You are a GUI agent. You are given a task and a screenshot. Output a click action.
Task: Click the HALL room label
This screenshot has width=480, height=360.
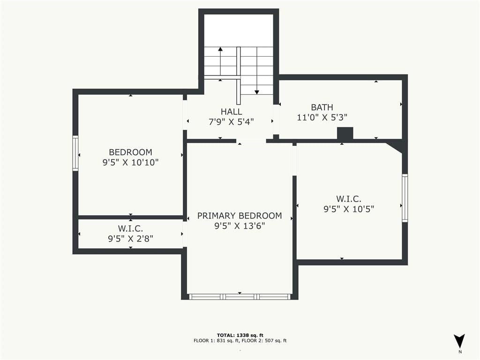pos(231,112)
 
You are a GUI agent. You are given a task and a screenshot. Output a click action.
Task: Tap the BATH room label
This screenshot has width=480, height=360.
pos(322,107)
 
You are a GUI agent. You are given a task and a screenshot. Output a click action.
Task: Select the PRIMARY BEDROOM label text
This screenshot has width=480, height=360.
pos(240,216)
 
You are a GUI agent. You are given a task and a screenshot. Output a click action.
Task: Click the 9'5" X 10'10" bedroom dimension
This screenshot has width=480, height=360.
pos(130,162)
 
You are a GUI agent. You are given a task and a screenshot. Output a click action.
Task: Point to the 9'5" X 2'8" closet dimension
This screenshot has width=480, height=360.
pos(130,239)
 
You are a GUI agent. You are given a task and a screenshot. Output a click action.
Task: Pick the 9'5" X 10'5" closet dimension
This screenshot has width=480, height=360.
pos(349,209)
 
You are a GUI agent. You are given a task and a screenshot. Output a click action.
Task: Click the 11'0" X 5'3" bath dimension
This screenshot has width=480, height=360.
pos(322,117)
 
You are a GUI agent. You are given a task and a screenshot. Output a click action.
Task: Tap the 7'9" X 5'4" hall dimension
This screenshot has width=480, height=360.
pos(231,122)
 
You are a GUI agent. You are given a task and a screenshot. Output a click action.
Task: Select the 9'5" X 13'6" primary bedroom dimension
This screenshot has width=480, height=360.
pos(240,226)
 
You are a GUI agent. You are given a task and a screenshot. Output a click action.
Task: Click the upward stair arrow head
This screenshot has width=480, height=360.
pos(220,49)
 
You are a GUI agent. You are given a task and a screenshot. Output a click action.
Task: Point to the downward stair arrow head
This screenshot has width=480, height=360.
pos(257,92)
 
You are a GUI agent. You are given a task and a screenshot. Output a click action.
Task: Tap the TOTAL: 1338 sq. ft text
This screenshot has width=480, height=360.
pos(240,335)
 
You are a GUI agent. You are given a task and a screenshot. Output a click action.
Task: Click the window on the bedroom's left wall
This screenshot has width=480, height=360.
pos(75,153)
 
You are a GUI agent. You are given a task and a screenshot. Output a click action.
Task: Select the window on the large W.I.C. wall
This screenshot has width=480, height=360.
pos(405,198)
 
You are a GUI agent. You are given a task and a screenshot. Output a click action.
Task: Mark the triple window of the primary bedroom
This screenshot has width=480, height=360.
pos(240,297)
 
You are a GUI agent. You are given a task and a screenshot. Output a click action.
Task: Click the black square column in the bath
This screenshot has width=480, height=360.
pos(345,133)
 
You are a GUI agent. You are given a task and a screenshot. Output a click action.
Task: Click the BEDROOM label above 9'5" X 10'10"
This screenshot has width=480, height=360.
pos(130,152)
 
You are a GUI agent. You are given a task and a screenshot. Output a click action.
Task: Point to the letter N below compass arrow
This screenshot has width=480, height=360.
pos(460,352)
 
